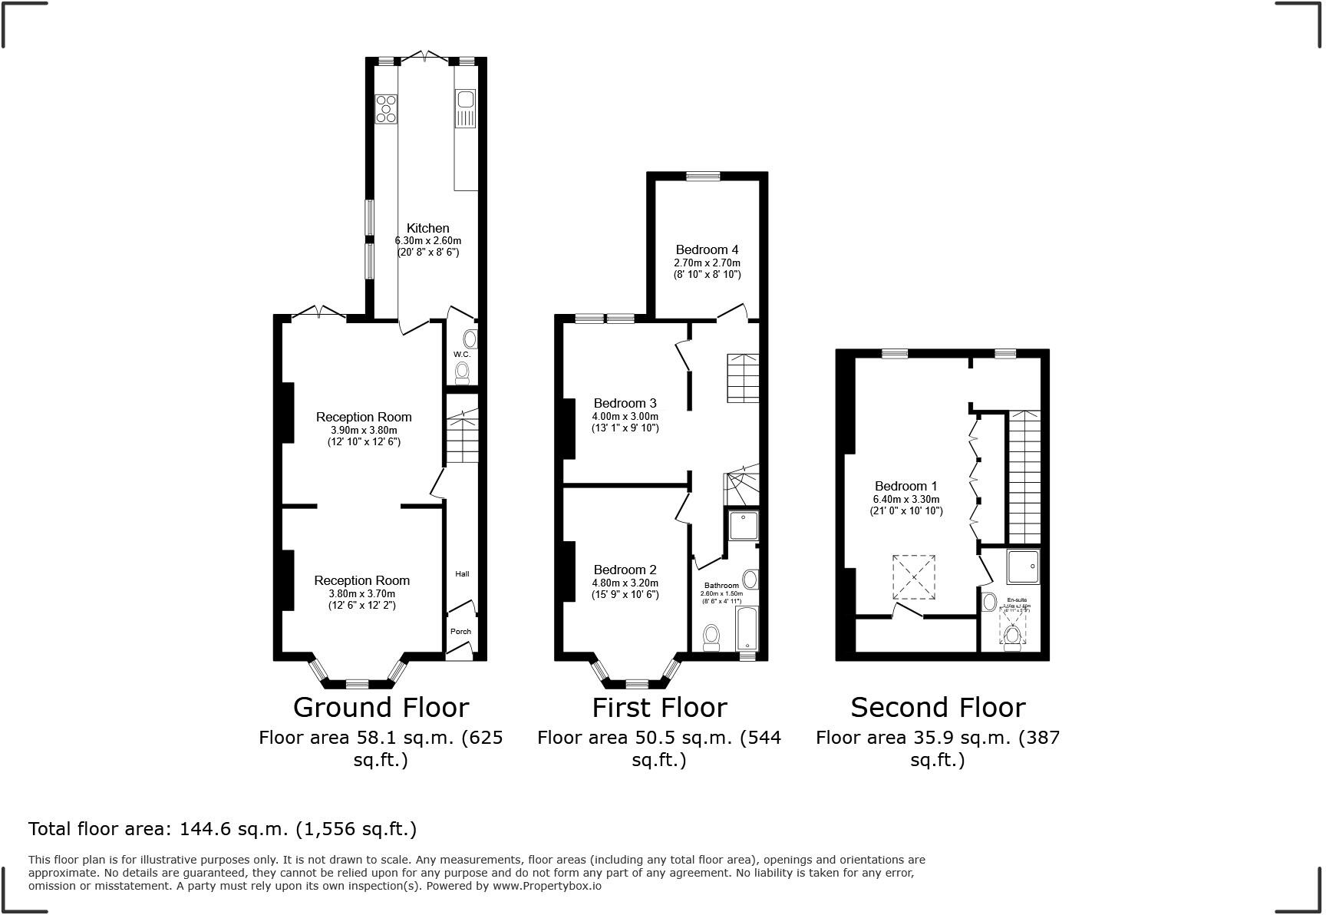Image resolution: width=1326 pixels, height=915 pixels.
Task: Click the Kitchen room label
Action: click(427, 228)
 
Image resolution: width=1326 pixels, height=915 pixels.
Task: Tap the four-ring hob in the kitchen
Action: click(386, 109)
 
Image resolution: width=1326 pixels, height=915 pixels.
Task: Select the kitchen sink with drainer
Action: click(465, 108)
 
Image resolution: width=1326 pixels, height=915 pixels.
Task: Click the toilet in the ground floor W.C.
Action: click(462, 373)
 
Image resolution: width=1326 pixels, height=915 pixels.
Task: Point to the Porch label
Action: click(460, 632)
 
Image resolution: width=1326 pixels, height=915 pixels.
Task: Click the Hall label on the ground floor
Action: click(462, 573)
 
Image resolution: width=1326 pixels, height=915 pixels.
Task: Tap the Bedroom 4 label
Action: click(707, 249)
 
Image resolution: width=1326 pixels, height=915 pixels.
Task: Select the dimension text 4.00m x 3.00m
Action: click(625, 416)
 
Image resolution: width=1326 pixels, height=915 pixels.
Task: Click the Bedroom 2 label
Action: click(625, 570)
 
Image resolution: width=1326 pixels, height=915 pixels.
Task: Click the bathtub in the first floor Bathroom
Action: click(746, 628)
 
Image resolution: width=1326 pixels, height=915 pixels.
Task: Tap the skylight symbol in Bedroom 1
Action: click(913, 576)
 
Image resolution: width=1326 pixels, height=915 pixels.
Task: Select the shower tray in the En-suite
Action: click(1023, 567)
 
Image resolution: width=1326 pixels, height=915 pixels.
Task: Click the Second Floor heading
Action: click(937, 707)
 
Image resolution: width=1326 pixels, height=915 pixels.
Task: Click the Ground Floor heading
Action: click(381, 707)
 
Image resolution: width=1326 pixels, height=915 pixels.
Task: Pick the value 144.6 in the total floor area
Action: click(205, 829)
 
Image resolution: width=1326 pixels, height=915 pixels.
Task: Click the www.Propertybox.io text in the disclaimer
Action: click(546, 886)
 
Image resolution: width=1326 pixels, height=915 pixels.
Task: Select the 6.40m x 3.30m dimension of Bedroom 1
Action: click(905, 499)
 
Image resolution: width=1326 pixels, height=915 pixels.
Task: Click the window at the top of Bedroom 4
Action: click(703, 177)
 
